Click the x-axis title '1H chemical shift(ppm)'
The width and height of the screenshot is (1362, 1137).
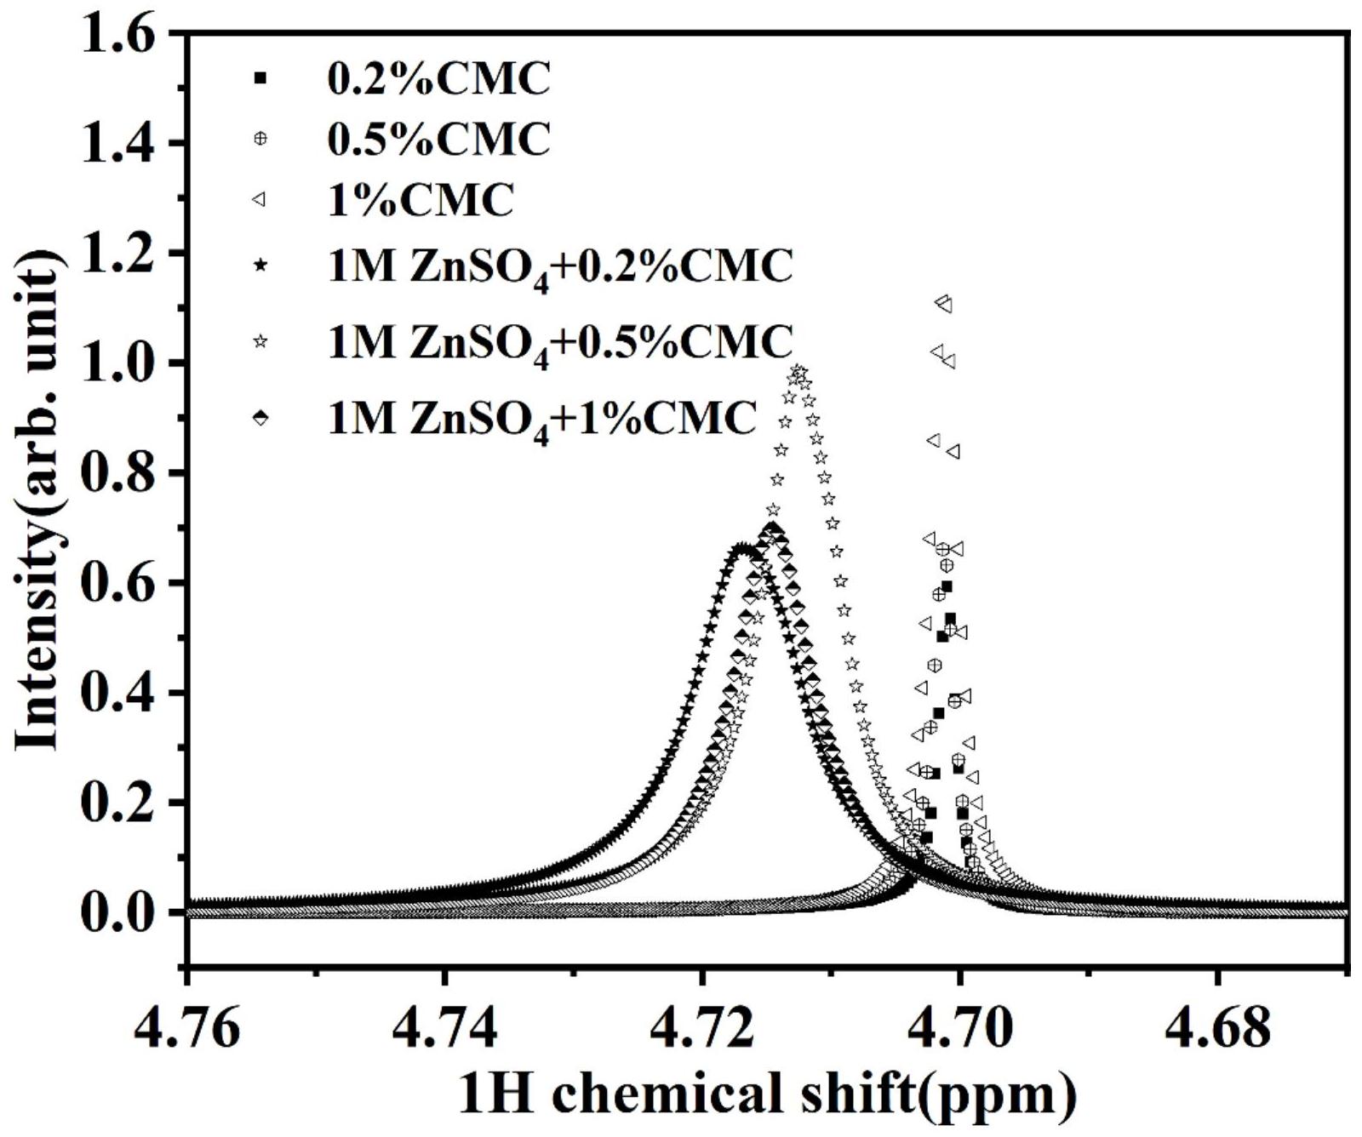tap(766, 1094)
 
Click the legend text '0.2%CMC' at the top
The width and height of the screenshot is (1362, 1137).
tap(439, 78)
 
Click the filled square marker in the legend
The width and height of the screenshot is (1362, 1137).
tap(260, 78)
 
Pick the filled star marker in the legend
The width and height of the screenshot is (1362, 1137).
tap(260, 266)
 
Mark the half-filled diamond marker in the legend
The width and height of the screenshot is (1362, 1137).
tap(260, 417)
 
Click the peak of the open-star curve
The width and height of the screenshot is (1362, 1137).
tap(798, 371)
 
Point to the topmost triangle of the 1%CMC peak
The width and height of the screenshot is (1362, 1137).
tap(942, 302)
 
